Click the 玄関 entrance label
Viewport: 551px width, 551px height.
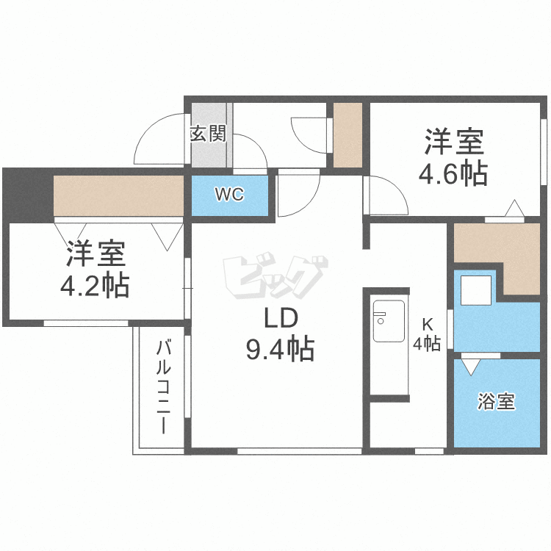208,134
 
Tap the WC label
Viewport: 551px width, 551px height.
229,195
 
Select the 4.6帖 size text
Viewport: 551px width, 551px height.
453,174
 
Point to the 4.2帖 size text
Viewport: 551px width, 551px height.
95,285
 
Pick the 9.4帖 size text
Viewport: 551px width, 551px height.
280,349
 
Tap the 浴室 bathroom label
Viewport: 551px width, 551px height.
496,402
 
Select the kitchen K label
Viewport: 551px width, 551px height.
427,321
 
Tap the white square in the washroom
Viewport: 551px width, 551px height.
475,292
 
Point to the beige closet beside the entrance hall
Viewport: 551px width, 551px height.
348,135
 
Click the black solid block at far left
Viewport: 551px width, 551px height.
27,195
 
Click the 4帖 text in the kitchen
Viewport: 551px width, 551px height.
427,343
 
